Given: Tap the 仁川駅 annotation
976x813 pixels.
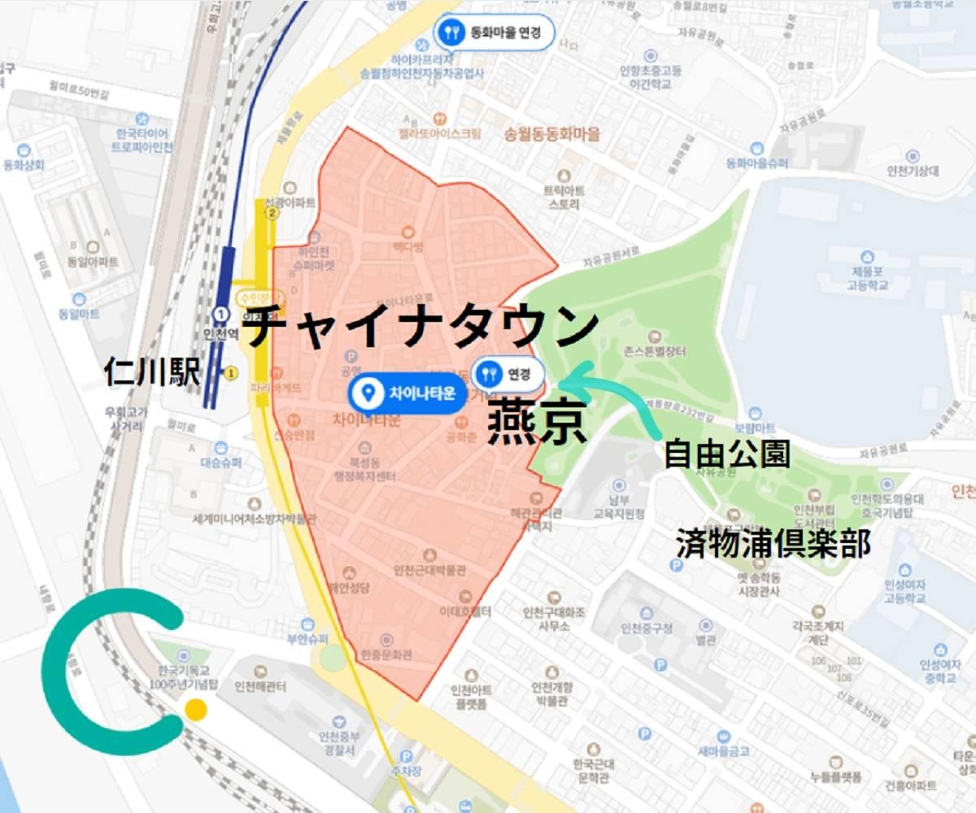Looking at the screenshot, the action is [152, 372].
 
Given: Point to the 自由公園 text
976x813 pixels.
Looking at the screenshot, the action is [726, 454].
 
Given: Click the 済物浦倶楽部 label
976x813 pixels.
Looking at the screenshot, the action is [773, 544].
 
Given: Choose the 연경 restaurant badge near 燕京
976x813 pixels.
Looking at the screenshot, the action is [509, 374].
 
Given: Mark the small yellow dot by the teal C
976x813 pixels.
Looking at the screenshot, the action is [195, 710].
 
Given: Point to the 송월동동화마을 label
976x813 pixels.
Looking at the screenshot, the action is [552, 134].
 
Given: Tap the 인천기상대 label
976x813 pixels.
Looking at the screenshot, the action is [913, 171].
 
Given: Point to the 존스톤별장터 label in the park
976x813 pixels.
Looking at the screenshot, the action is [656, 352].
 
